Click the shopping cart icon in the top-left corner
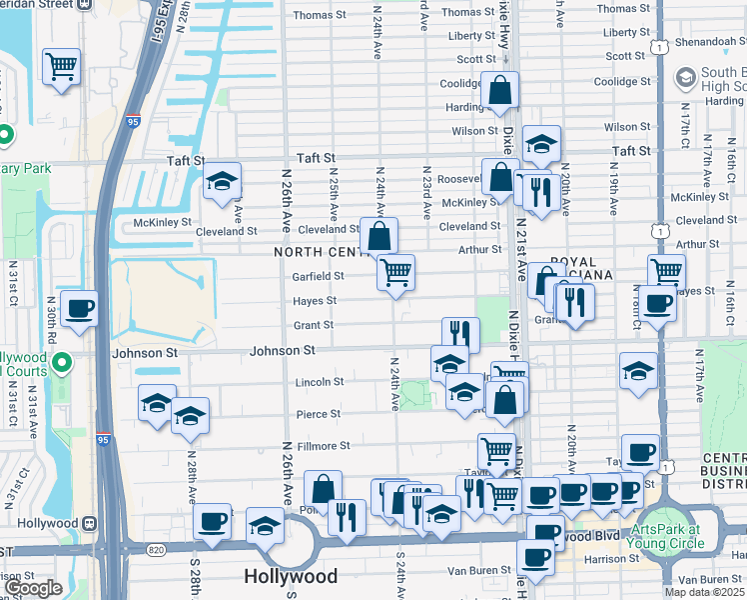[61, 67]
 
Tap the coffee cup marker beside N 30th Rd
[79, 307]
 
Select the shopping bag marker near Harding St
[498, 92]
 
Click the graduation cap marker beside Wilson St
[541, 146]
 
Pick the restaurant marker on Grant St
[460, 334]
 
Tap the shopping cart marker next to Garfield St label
[396, 271]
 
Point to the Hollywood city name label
[291, 577]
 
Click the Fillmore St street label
[324, 446]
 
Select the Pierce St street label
[319, 414]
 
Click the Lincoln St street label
[320, 382]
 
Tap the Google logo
[32, 588]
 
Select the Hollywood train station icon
[90, 523]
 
